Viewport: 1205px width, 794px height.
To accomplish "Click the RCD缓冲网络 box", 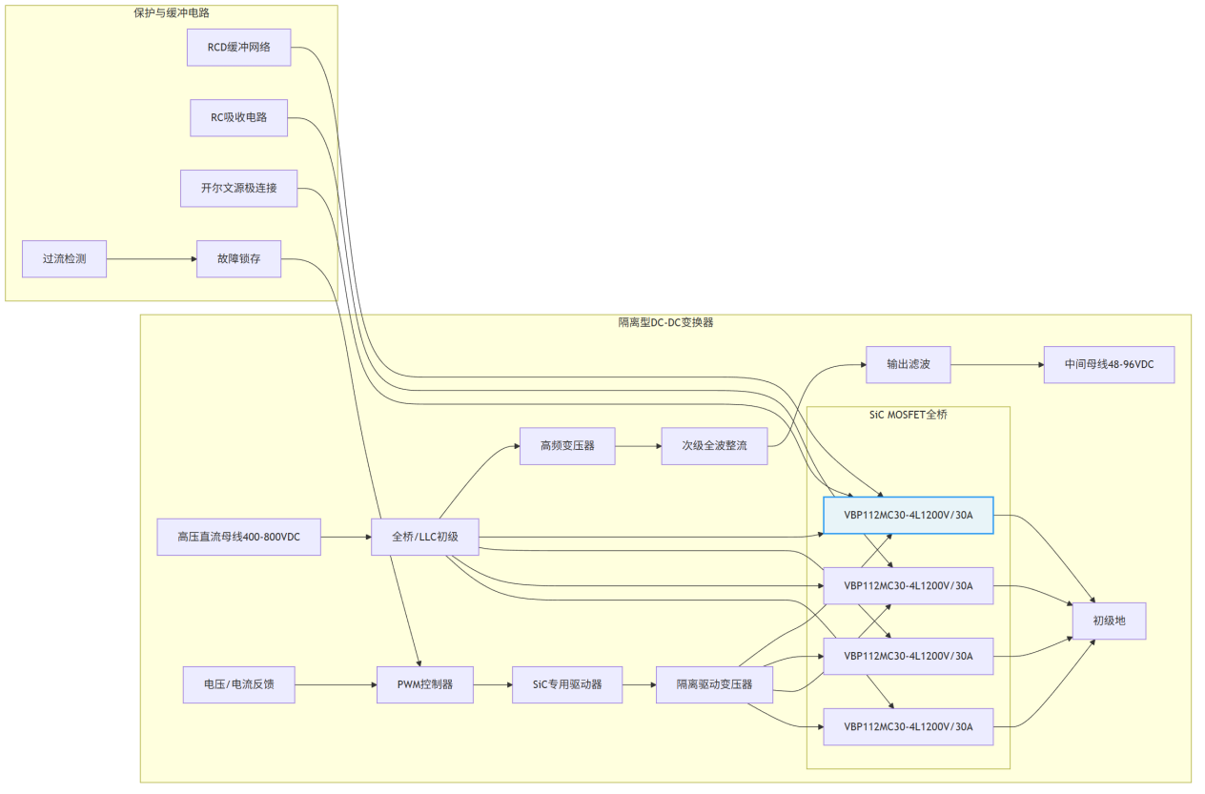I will [238, 47].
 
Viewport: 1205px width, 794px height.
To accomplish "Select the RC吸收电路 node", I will [238, 117].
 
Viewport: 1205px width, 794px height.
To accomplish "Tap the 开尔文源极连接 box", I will [238, 188].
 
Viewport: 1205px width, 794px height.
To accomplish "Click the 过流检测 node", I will [64, 258].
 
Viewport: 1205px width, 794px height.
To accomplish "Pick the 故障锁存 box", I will [238, 258].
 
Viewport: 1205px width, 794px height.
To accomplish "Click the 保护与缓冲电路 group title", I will [172, 13].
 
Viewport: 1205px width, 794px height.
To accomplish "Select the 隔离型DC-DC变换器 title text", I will [665, 322].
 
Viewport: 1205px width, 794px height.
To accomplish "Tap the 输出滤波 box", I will [908, 365].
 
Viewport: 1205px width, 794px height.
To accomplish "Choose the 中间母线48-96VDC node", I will [1109, 365].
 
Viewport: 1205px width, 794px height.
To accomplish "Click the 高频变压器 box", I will [567, 445].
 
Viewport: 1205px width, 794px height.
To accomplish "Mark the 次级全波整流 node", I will [714, 445].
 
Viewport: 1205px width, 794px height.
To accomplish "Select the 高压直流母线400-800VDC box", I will [238, 537].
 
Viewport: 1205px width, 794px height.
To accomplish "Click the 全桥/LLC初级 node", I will [424, 537].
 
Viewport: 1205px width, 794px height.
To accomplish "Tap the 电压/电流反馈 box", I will [238, 684].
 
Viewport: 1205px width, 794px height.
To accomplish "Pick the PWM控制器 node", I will [424, 684].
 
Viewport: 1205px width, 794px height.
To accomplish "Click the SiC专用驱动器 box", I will [567, 684].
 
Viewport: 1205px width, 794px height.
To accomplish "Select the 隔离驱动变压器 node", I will [714, 684].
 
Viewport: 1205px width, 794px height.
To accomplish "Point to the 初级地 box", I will [1109, 621].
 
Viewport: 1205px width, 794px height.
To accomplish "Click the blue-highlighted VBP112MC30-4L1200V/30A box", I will [908, 516].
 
